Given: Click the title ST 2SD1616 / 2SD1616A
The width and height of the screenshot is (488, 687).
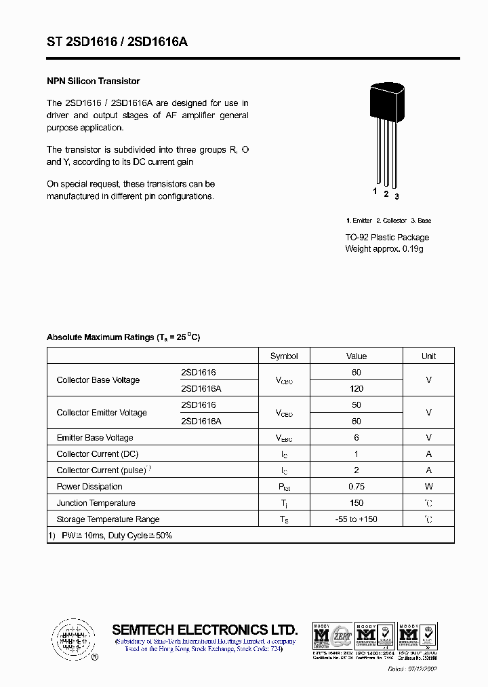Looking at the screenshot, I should pos(117,42).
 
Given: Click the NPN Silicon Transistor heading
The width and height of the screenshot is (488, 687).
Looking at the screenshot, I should pos(93,81).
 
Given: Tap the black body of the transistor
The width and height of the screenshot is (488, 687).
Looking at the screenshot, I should pos(387,103).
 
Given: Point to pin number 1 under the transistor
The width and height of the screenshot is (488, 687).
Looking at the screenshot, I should pos(375,191).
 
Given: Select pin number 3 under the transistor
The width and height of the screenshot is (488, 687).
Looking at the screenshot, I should pos(396,196).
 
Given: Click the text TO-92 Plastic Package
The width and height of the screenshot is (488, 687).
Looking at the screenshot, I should pos(387,238).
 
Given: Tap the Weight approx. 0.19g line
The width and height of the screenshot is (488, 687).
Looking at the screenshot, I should pos(384,249).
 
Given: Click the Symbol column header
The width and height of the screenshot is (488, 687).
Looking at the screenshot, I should pos(284,356).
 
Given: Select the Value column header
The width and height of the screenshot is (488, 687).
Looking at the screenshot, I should pos(356,356).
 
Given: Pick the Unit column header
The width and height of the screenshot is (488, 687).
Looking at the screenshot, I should pos(428,356).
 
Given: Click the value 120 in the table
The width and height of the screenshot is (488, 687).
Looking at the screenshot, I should pos(356,389).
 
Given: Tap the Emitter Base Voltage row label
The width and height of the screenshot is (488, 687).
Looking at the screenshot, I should pos(95,438).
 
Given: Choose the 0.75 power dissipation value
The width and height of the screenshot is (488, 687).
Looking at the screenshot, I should pos(356,487).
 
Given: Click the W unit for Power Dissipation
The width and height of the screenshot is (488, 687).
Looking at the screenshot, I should pos(428,487).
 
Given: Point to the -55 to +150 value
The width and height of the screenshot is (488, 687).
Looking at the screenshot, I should pos(356,519).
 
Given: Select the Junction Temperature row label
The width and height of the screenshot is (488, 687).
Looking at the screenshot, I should pos(96,503).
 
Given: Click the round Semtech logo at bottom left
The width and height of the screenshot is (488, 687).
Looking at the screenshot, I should pos(72,639).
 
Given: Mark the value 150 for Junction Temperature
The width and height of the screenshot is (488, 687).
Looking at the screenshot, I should pos(356,503).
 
